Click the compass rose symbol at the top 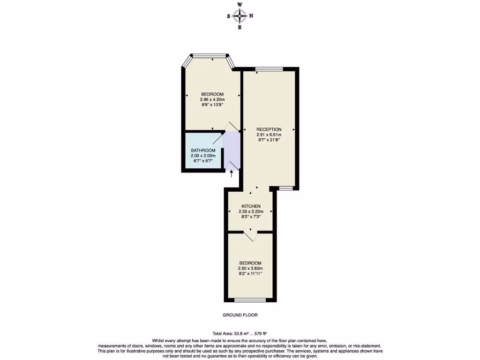(x=240, y=16)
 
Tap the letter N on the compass (x=251, y=16)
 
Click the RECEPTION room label (x=269, y=129)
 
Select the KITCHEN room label (x=251, y=206)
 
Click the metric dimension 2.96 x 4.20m (x=212, y=99)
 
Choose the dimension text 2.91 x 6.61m (x=269, y=135)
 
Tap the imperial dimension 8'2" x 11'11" (x=250, y=273)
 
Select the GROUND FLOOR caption (x=240, y=315)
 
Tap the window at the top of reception (x=269, y=69)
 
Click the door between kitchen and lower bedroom (x=251, y=234)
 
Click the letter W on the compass (x=240, y=5)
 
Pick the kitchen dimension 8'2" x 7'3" (x=251, y=217)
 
